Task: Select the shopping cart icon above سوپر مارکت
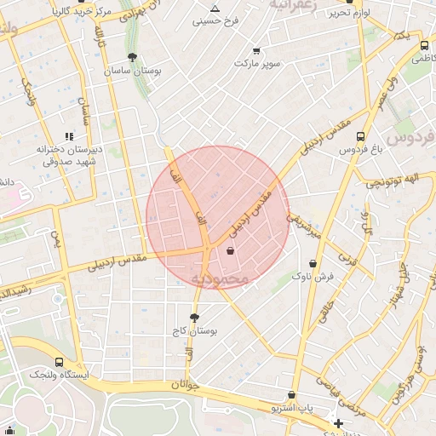coord(256,51)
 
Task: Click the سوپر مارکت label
coord(256,64)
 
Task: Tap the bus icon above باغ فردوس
coord(360,136)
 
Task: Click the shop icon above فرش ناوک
coord(314,264)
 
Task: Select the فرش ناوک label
coord(313,277)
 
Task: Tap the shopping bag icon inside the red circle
coord(231,250)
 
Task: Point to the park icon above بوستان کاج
coord(195,317)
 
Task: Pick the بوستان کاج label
coord(196,330)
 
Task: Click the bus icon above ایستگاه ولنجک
coord(59,361)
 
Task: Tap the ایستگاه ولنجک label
coord(58,374)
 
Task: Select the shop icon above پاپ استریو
coord(292,395)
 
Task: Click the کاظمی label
coord(422,59)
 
